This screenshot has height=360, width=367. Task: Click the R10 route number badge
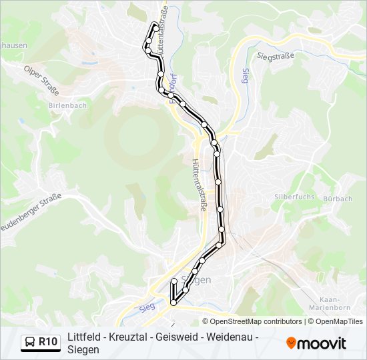point(47,342)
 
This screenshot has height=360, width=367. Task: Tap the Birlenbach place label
point(68,105)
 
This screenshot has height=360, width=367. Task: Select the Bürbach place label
point(337,199)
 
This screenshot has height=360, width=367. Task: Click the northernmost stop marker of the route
point(155,26)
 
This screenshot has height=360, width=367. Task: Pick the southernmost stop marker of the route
point(173,303)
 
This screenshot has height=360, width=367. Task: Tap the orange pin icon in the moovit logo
point(292,343)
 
